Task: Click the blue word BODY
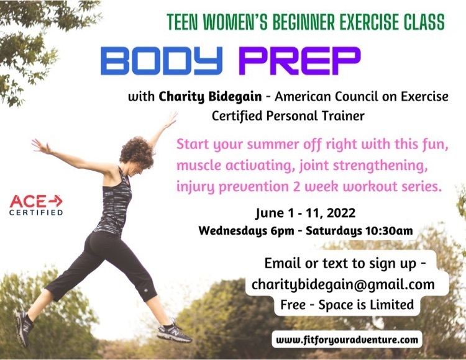coord(162,61)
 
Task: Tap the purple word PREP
coord(299,61)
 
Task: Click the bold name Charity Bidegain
coord(210,97)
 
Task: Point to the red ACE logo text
coord(28,202)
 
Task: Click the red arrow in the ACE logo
coord(55,201)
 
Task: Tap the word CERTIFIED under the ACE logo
coord(36,212)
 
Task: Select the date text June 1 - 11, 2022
coord(305,213)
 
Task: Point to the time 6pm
coord(282,231)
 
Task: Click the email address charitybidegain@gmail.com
coord(343,284)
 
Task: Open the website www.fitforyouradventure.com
coord(347,340)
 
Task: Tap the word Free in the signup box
coord(293,305)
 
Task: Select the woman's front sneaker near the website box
coord(175,333)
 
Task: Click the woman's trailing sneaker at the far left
coord(24,328)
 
